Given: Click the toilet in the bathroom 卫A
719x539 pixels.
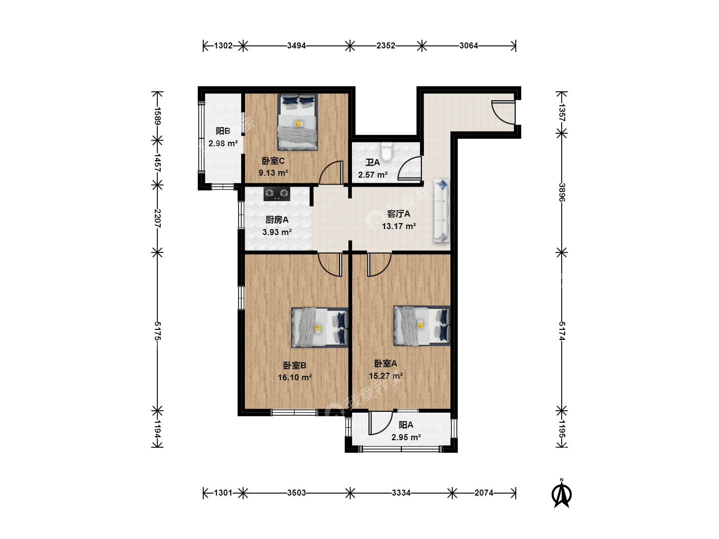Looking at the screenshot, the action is (386, 152).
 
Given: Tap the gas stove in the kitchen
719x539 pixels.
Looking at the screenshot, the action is (277, 194).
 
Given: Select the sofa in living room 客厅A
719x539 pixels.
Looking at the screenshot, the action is (441, 211).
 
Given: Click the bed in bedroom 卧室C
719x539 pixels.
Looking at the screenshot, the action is (298, 122).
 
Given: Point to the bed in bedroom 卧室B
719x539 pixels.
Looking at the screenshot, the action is (320, 327).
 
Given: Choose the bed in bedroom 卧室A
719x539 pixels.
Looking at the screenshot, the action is (422, 325).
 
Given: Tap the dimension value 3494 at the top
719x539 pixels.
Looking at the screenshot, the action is (297, 45).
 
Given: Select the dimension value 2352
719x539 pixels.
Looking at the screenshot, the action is (385, 45).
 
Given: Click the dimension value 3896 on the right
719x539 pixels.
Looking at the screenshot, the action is (562, 193).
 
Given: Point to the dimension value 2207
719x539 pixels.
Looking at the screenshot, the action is (157, 218).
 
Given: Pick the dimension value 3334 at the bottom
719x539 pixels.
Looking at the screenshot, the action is (401, 493).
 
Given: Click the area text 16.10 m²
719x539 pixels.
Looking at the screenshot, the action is (295, 377).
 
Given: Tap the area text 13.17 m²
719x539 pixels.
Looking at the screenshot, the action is (398, 226).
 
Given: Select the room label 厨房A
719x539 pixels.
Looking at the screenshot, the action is (277, 220).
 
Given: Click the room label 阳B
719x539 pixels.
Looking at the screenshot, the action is (223, 131).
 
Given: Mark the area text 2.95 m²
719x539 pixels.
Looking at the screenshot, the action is (406, 437).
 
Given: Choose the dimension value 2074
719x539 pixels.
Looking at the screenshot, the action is (483, 493).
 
